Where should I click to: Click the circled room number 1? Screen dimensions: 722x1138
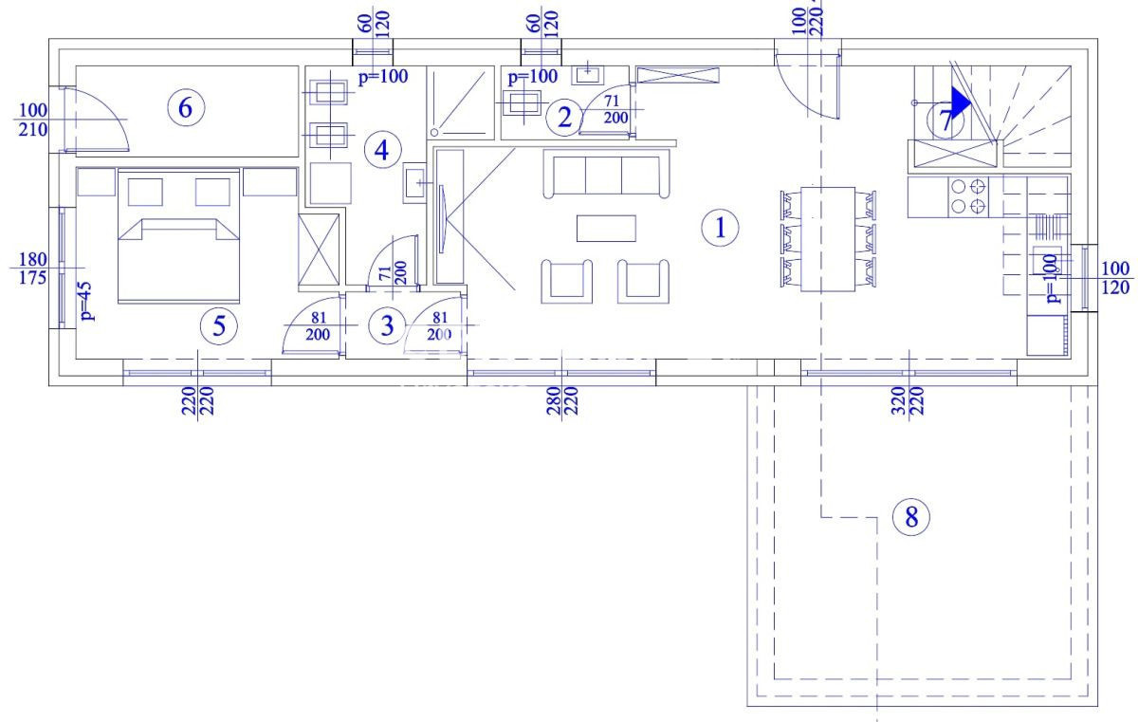coord(720,228)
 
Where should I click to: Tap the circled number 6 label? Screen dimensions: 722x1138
coord(185,108)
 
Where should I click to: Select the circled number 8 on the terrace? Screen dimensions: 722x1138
coord(911,517)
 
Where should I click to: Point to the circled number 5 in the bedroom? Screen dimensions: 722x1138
coord(219,326)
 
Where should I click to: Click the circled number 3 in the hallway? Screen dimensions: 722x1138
coord(386,326)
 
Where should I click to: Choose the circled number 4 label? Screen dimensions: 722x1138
coord(381,150)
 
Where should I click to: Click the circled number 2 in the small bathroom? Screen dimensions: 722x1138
coord(564,118)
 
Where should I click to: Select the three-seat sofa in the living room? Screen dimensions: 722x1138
coord(603,176)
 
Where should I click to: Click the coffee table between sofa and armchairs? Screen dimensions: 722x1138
coord(606,229)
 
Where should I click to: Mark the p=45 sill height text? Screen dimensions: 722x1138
coord(86,303)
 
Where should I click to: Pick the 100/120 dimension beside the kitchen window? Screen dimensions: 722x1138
coord(1115,278)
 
